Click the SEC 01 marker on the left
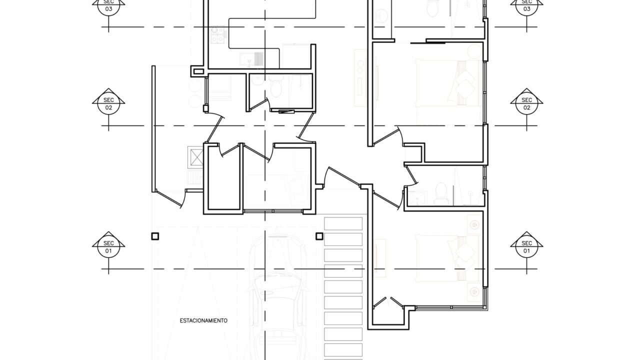[108, 247]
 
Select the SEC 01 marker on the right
[526, 247]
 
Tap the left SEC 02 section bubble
[108, 104]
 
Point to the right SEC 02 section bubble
[526, 104]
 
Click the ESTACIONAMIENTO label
[203, 320]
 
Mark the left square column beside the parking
[155, 236]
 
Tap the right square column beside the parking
[319, 236]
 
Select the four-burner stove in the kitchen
[218, 35]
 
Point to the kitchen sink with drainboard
[251, 59]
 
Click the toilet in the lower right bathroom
[441, 193]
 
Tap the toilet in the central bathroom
[275, 86]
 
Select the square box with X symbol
[195, 157]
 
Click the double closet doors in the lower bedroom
[388, 302]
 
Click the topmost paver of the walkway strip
[343, 223]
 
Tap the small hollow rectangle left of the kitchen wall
[198, 71]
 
